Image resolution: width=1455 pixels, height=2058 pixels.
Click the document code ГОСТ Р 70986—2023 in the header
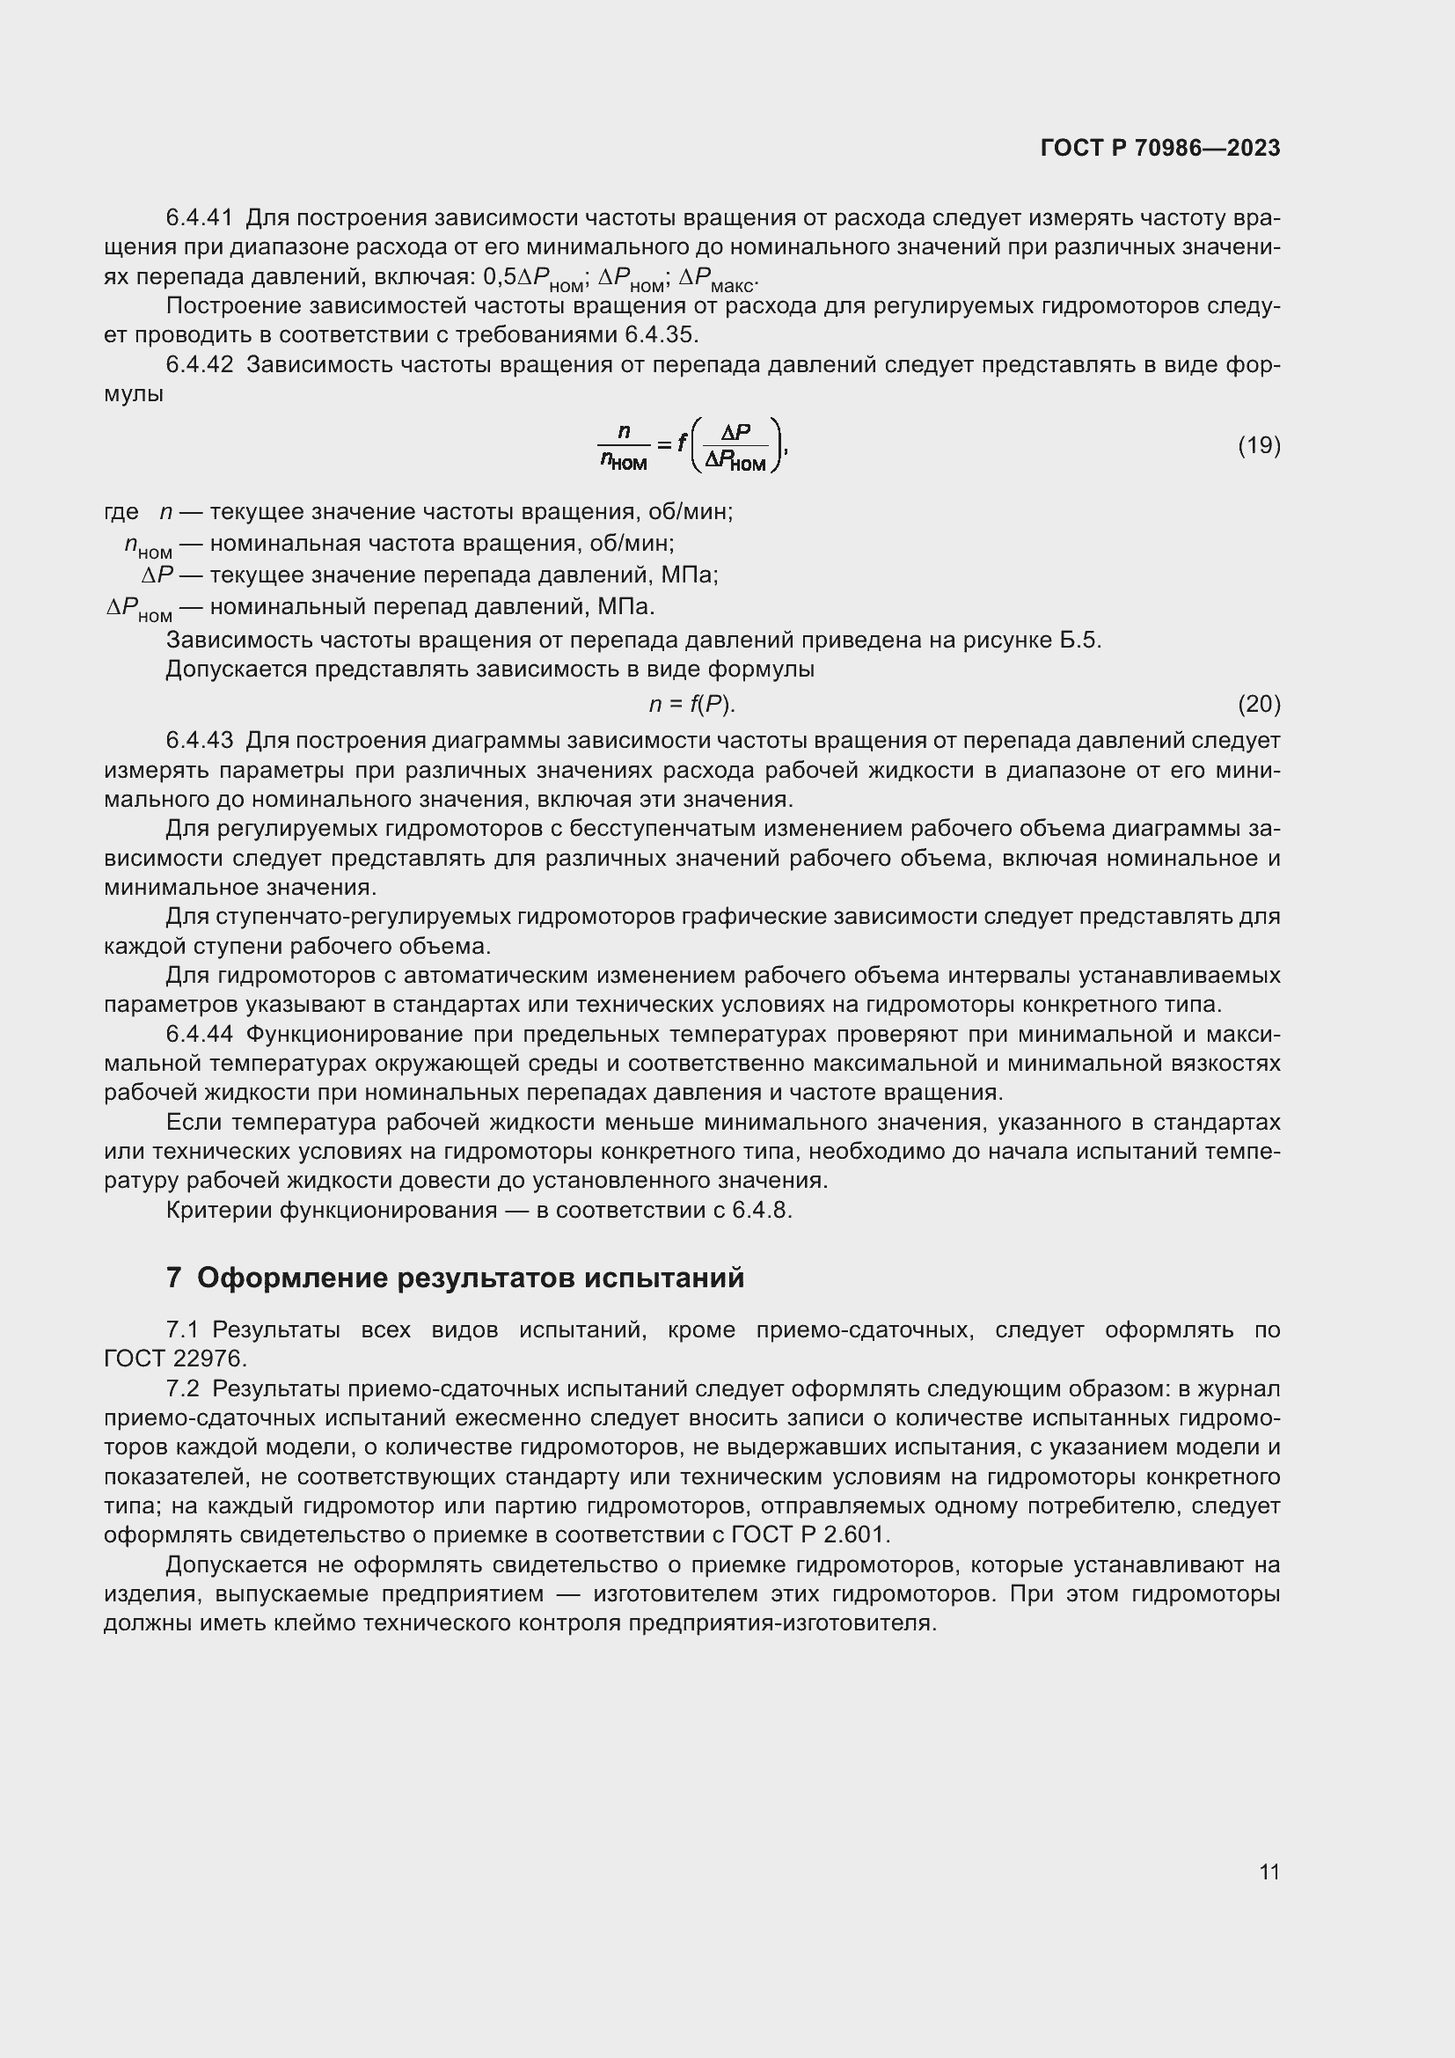1160,148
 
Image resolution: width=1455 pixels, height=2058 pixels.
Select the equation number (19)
1259,445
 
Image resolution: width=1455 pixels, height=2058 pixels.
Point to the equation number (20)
1259,705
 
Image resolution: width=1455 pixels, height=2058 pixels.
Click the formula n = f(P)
691,705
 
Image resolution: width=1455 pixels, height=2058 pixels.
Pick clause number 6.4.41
199,218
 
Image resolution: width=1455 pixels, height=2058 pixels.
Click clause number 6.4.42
199,365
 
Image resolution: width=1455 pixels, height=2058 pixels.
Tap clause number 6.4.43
199,740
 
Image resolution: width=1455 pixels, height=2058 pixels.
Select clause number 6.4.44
199,1035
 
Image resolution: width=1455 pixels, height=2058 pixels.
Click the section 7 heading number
174,1278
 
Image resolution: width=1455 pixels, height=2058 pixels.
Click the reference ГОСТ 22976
174,1359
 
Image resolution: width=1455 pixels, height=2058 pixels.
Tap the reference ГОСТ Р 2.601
809,1534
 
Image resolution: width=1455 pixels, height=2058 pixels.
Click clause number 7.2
183,1388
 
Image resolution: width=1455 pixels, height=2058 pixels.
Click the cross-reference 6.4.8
761,1210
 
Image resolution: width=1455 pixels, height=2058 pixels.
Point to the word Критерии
219,1210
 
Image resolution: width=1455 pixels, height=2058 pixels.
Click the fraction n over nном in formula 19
624,446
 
